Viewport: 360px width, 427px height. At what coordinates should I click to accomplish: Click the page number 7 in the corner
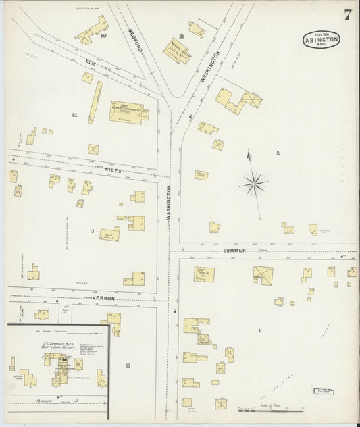click(x=346, y=15)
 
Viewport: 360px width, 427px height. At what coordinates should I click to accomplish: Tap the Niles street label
click(x=113, y=171)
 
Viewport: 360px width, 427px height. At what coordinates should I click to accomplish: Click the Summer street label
click(x=235, y=250)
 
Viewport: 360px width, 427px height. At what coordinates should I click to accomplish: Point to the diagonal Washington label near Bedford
click(x=210, y=66)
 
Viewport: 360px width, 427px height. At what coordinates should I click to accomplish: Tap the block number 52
click(x=74, y=116)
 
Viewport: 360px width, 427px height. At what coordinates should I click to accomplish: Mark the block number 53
click(x=127, y=366)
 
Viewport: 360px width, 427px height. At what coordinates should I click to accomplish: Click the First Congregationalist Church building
click(x=128, y=112)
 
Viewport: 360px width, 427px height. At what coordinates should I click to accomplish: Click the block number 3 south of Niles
click(x=92, y=232)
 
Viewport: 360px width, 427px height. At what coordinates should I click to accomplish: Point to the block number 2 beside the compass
click(x=278, y=153)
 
